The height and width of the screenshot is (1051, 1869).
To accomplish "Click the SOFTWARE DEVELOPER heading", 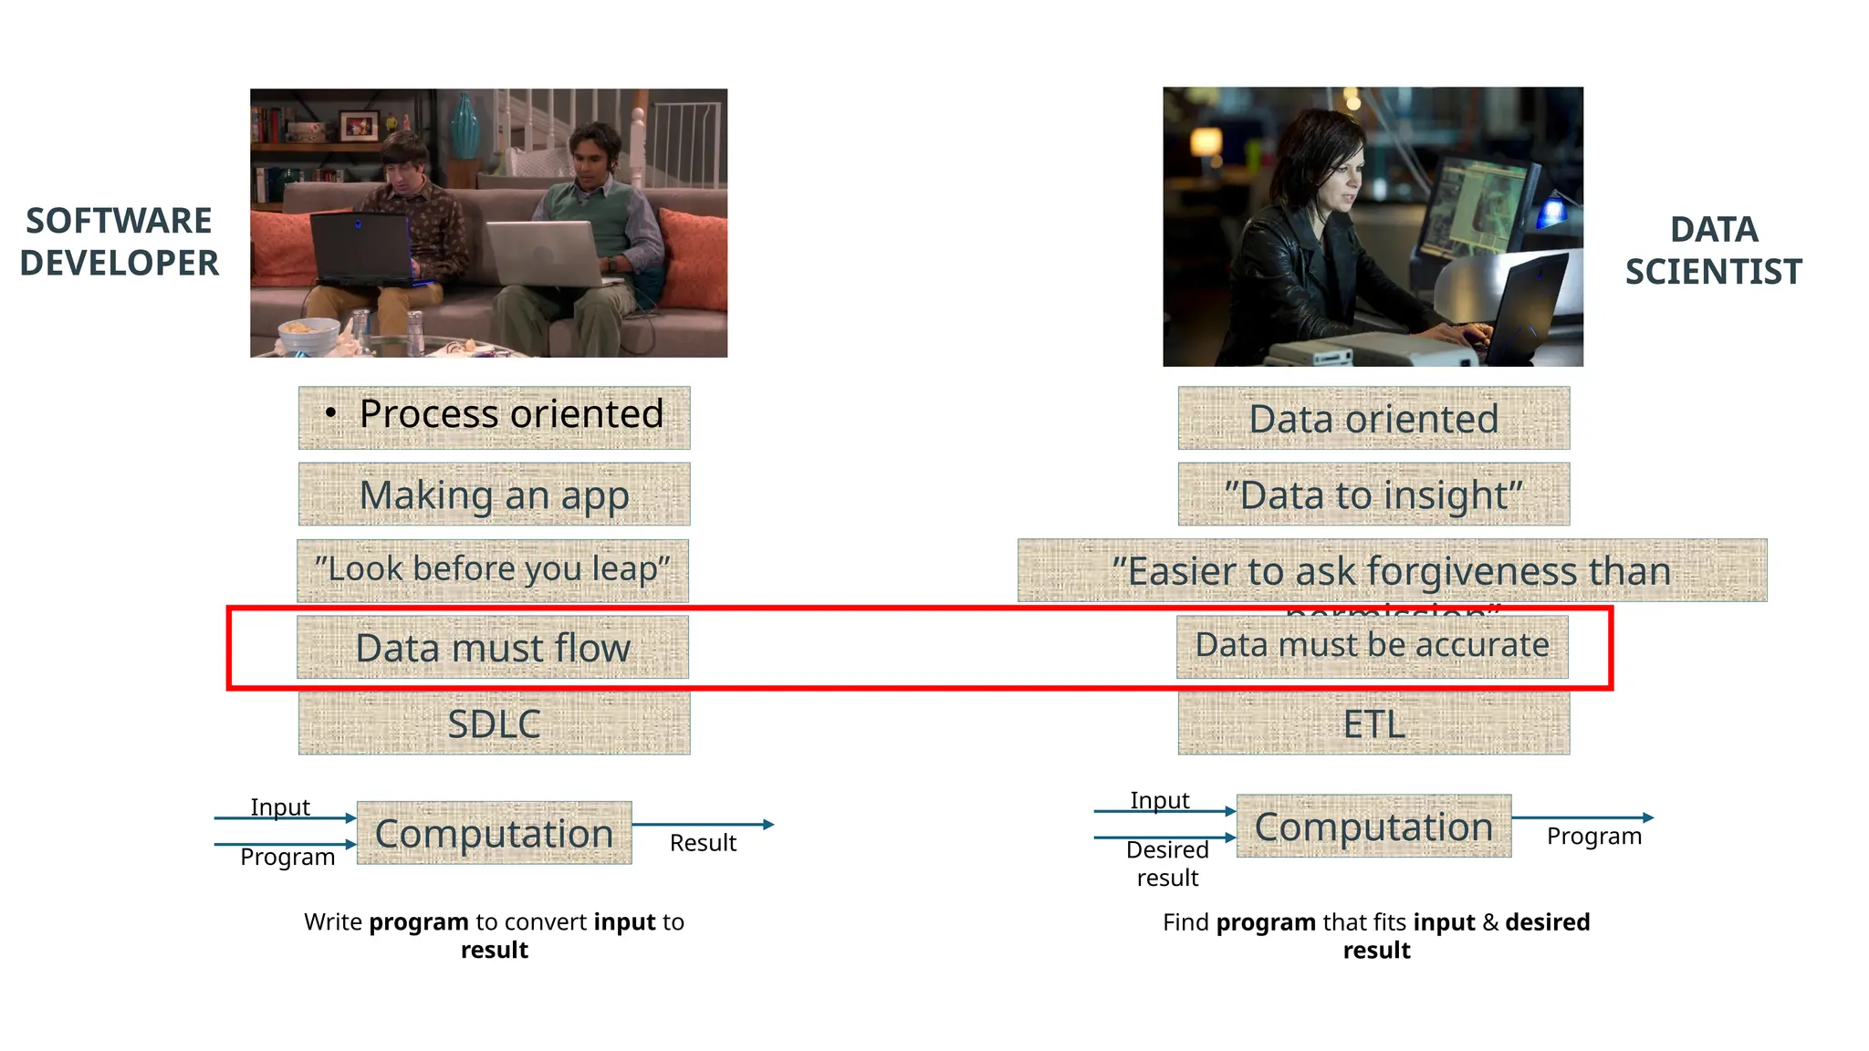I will tap(120, 242).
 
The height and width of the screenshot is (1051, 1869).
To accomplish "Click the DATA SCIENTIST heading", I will tap(1713, 250).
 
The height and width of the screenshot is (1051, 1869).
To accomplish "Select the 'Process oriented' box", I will tap(494, 417).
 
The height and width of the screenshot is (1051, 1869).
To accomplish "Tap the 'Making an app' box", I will tap(494, 494).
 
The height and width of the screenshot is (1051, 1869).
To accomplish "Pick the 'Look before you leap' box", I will tap(493, 570).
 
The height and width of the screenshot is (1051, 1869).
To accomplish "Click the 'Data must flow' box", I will tap(493, 647).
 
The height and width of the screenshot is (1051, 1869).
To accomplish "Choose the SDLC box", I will tap(494, 723).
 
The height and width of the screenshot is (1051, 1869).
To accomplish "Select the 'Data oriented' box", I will tap(1373, 418).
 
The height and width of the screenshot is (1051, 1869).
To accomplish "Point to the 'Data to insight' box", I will tap(1373, 494).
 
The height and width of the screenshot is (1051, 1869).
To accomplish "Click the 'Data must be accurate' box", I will tap(1372, 646).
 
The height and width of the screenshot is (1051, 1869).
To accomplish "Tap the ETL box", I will tap(1373, 723).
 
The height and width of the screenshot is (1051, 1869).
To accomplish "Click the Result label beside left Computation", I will tap(703, 843).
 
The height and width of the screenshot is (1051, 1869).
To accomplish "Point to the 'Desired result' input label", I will tap(1167, 863).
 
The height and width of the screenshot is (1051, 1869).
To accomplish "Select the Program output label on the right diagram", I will tap(1593, 836).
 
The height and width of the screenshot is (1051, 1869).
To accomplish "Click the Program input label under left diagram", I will tap(287, 858).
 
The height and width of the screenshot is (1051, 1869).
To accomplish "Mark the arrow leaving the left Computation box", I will tap(703, 825).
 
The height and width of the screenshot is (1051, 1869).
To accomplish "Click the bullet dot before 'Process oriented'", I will tap(330, 414).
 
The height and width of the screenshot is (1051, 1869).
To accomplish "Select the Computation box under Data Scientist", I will tap(1373, 826).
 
